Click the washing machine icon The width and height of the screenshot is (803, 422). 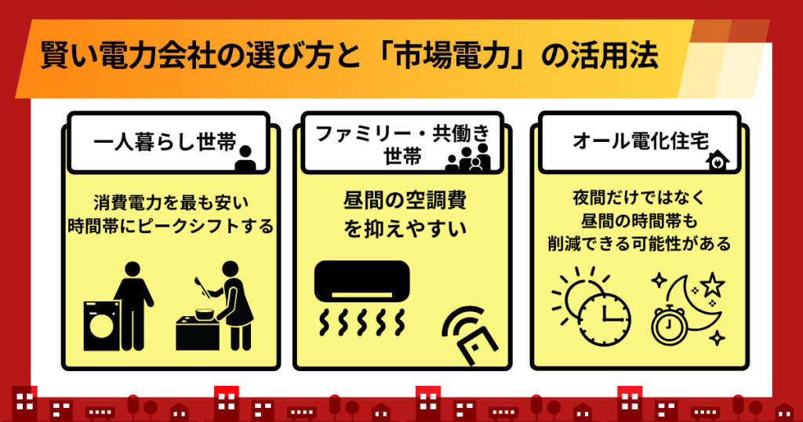click(x=102, y=326)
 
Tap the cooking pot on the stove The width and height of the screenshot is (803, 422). click(x=205, y=314)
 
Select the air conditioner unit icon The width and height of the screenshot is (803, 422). click(x=362, y=281)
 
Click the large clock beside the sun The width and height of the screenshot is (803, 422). click(x=605, y=318)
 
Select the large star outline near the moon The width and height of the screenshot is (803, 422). click(x=712, y=285)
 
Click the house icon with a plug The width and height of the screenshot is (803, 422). click(x=718, y=160)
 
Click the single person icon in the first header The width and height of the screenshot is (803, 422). click(x=245, y=158)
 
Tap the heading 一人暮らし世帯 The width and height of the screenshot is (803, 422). click(x=165, y=142)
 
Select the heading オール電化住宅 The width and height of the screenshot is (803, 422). click(x=640, y=140)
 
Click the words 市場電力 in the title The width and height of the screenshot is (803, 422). click(x=452, y=56)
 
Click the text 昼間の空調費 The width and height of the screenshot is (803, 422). click(x=405, y=200)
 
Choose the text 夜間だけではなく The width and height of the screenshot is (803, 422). click(x=639, y=198)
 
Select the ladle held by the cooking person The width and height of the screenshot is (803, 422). click(x=202, y=287)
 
